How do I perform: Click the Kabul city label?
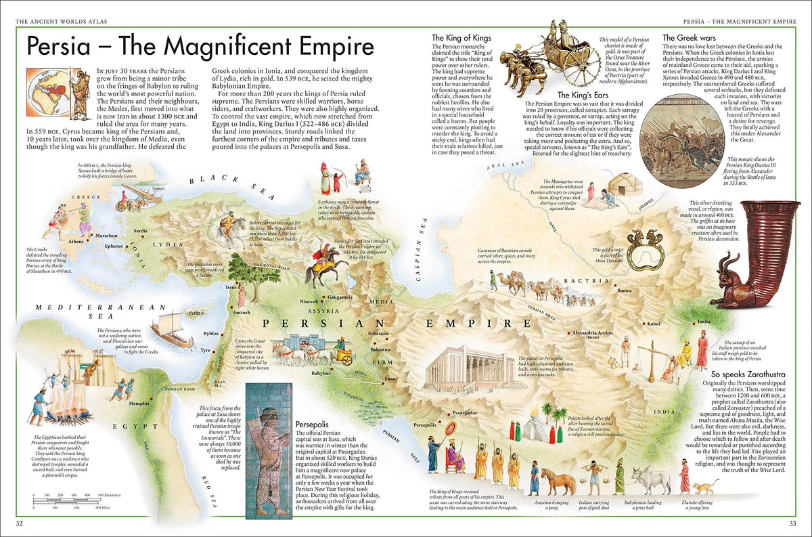[x=653, y=324]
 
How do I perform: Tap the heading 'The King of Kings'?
[x=461, y=38]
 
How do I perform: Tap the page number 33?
[x=792, y=523]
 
